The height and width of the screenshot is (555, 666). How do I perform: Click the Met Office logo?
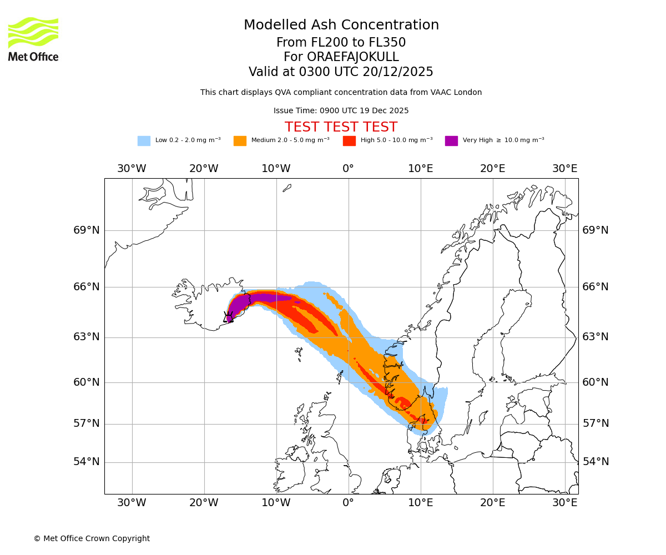(33, 39)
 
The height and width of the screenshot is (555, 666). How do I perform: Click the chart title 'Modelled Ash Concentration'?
(341, 25)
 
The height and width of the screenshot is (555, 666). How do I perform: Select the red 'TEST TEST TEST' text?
(341, 127)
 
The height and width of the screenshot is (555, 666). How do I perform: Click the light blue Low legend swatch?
(144, 140)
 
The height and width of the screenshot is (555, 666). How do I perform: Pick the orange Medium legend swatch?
(240, 140)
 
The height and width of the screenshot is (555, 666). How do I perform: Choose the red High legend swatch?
(349, 140)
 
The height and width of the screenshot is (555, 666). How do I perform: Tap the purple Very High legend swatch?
(451, 140)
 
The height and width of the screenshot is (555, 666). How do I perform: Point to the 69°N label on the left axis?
(87, 230)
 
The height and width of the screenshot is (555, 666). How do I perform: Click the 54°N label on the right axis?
(596, 462)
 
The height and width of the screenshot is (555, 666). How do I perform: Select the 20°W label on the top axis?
(204, 169)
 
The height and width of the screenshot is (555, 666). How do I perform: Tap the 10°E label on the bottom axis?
(421, 503)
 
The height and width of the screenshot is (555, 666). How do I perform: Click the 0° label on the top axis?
(348, 169)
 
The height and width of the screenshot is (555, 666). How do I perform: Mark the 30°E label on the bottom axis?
(565, 503)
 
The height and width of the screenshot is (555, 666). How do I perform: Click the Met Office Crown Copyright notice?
(92, 538)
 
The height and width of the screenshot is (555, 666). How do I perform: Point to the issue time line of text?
(341, 110)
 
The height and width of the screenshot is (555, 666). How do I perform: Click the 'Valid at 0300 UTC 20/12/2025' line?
(341, 72)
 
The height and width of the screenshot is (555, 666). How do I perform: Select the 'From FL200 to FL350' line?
(341, 43)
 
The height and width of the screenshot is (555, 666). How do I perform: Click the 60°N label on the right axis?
(596, 382)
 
